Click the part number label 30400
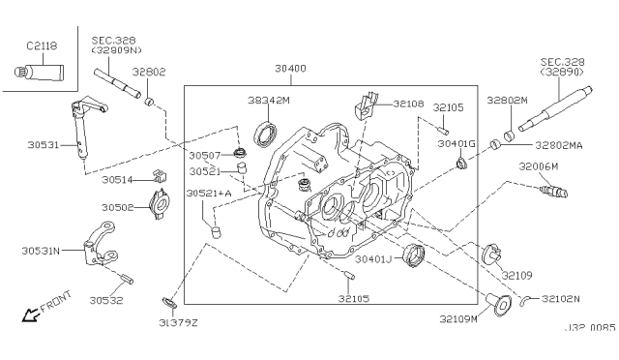point(290,69)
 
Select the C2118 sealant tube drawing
point(39,73)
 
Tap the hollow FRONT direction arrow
point(30,315)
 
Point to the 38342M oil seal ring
point(265,135)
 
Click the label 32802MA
point(559,145)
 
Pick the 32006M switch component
point(553,192)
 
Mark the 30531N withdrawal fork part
point(101,244)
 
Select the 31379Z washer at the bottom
point(170,304)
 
